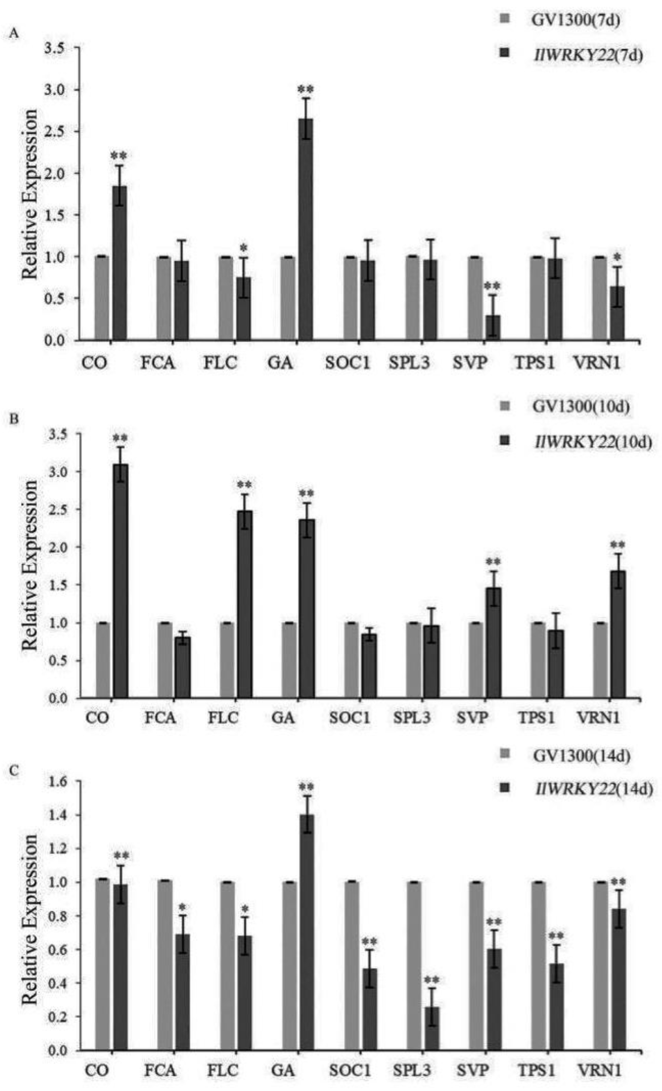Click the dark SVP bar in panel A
pyautogui.click(x=492, y=327)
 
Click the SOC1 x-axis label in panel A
pyautogui.click(x=348, y=363)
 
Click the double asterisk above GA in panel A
pyautogui.click(x=305, y=89)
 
